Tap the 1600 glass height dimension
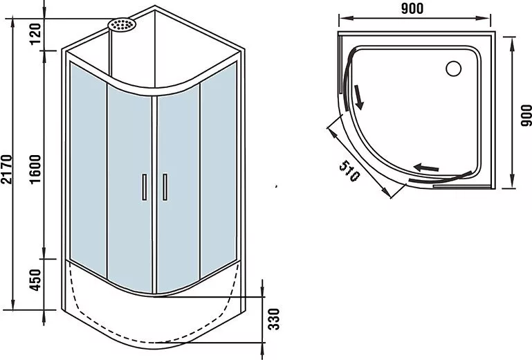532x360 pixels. pyautogui.click(x=35, y=169)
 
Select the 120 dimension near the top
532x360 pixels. pyautogui.click(x=35, y=34)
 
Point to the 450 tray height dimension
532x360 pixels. pyautogui.click(x=35, y=280)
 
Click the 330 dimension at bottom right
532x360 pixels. pyautogui.click(x=274, y=319)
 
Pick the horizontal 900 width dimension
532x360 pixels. pyautogui.click(x=412, y=9)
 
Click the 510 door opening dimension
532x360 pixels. pyautogui.click(x=349, y=171)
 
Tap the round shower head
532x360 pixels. pyautogui.click(x=122, y=25)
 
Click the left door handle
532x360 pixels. pyautogui.click(x=144, y=187)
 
